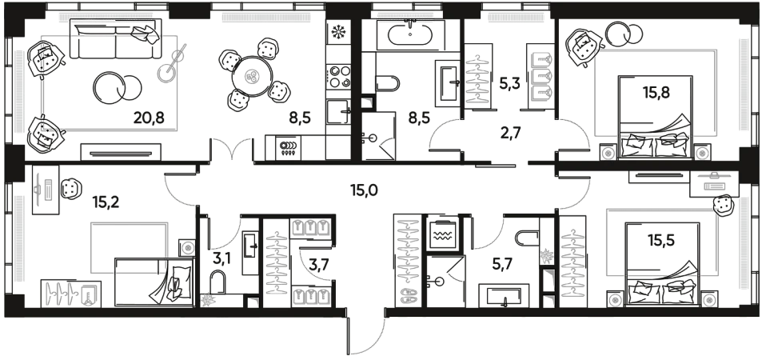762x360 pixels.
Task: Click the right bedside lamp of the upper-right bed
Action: click(703, 152)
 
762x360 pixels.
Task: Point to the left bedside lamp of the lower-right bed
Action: click(615, 300)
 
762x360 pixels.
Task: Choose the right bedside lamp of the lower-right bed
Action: click(707, 300)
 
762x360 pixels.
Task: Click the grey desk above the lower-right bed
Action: click(714, 183)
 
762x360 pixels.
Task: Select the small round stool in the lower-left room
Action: click(188, 248)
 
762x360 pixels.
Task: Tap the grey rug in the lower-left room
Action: click(129, 247)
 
